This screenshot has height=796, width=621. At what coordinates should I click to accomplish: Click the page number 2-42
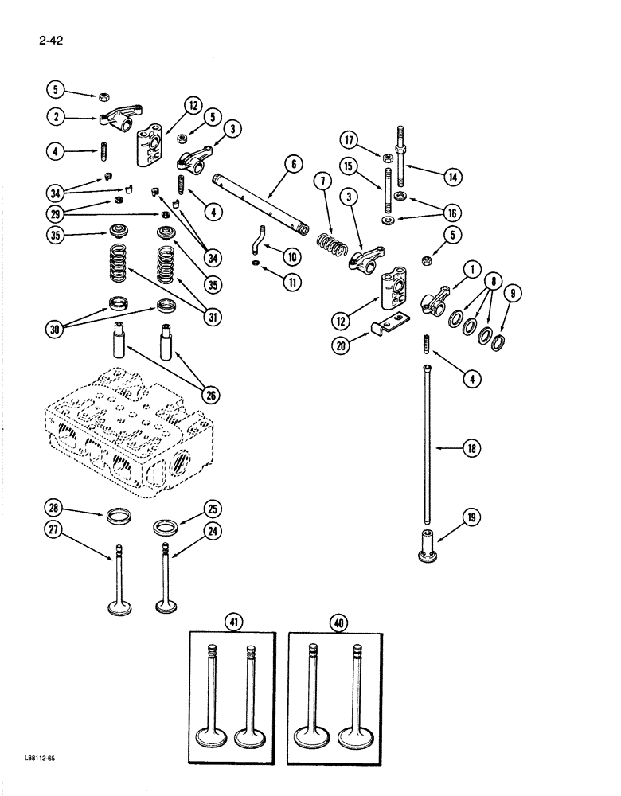point(51,35)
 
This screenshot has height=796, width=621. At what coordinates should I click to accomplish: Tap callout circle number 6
point(292,165)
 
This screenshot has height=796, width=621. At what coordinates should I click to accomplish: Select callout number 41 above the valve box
point(233,623)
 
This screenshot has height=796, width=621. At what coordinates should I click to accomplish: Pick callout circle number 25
point(211,507)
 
